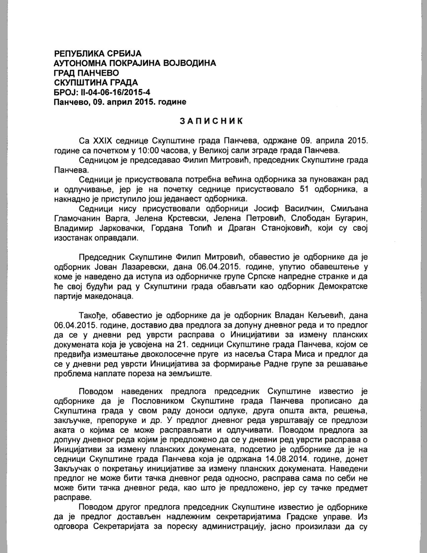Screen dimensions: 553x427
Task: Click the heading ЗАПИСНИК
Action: tap(211, 121)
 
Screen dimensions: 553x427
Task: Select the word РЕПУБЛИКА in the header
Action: tap(78, 53)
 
